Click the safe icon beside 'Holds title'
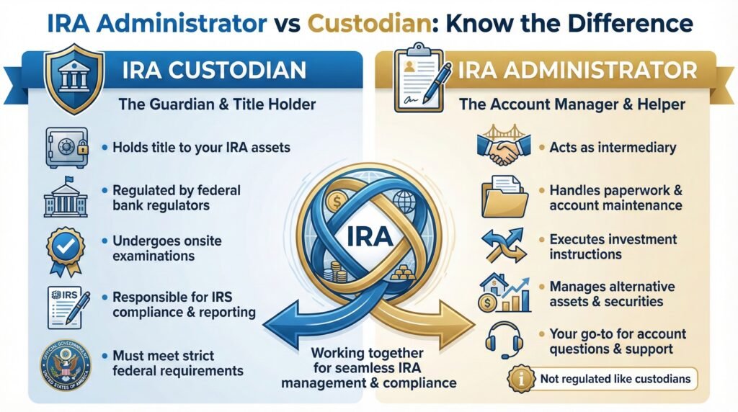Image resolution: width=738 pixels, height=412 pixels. point(66,147)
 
